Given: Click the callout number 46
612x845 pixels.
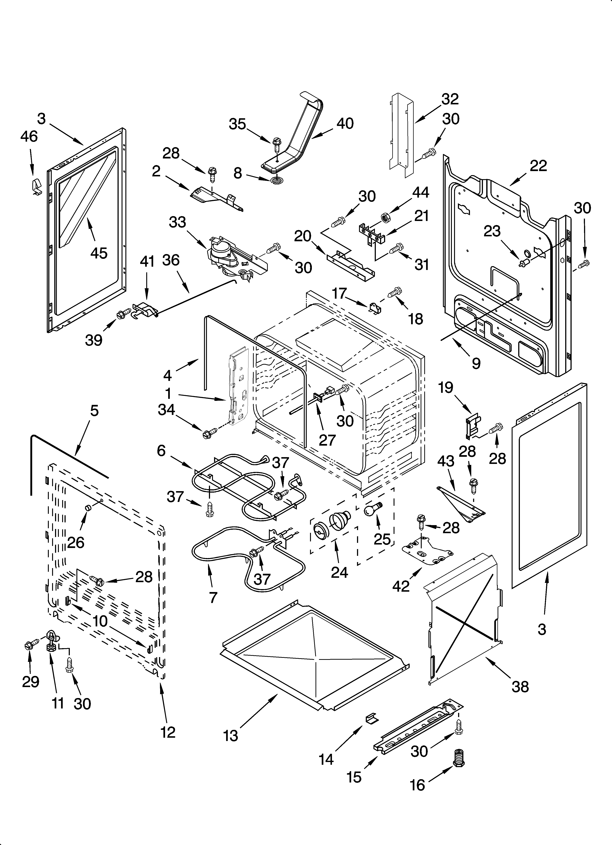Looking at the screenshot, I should [x=29, y=137].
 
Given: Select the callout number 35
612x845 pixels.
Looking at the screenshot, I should [x=237, y=124].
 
